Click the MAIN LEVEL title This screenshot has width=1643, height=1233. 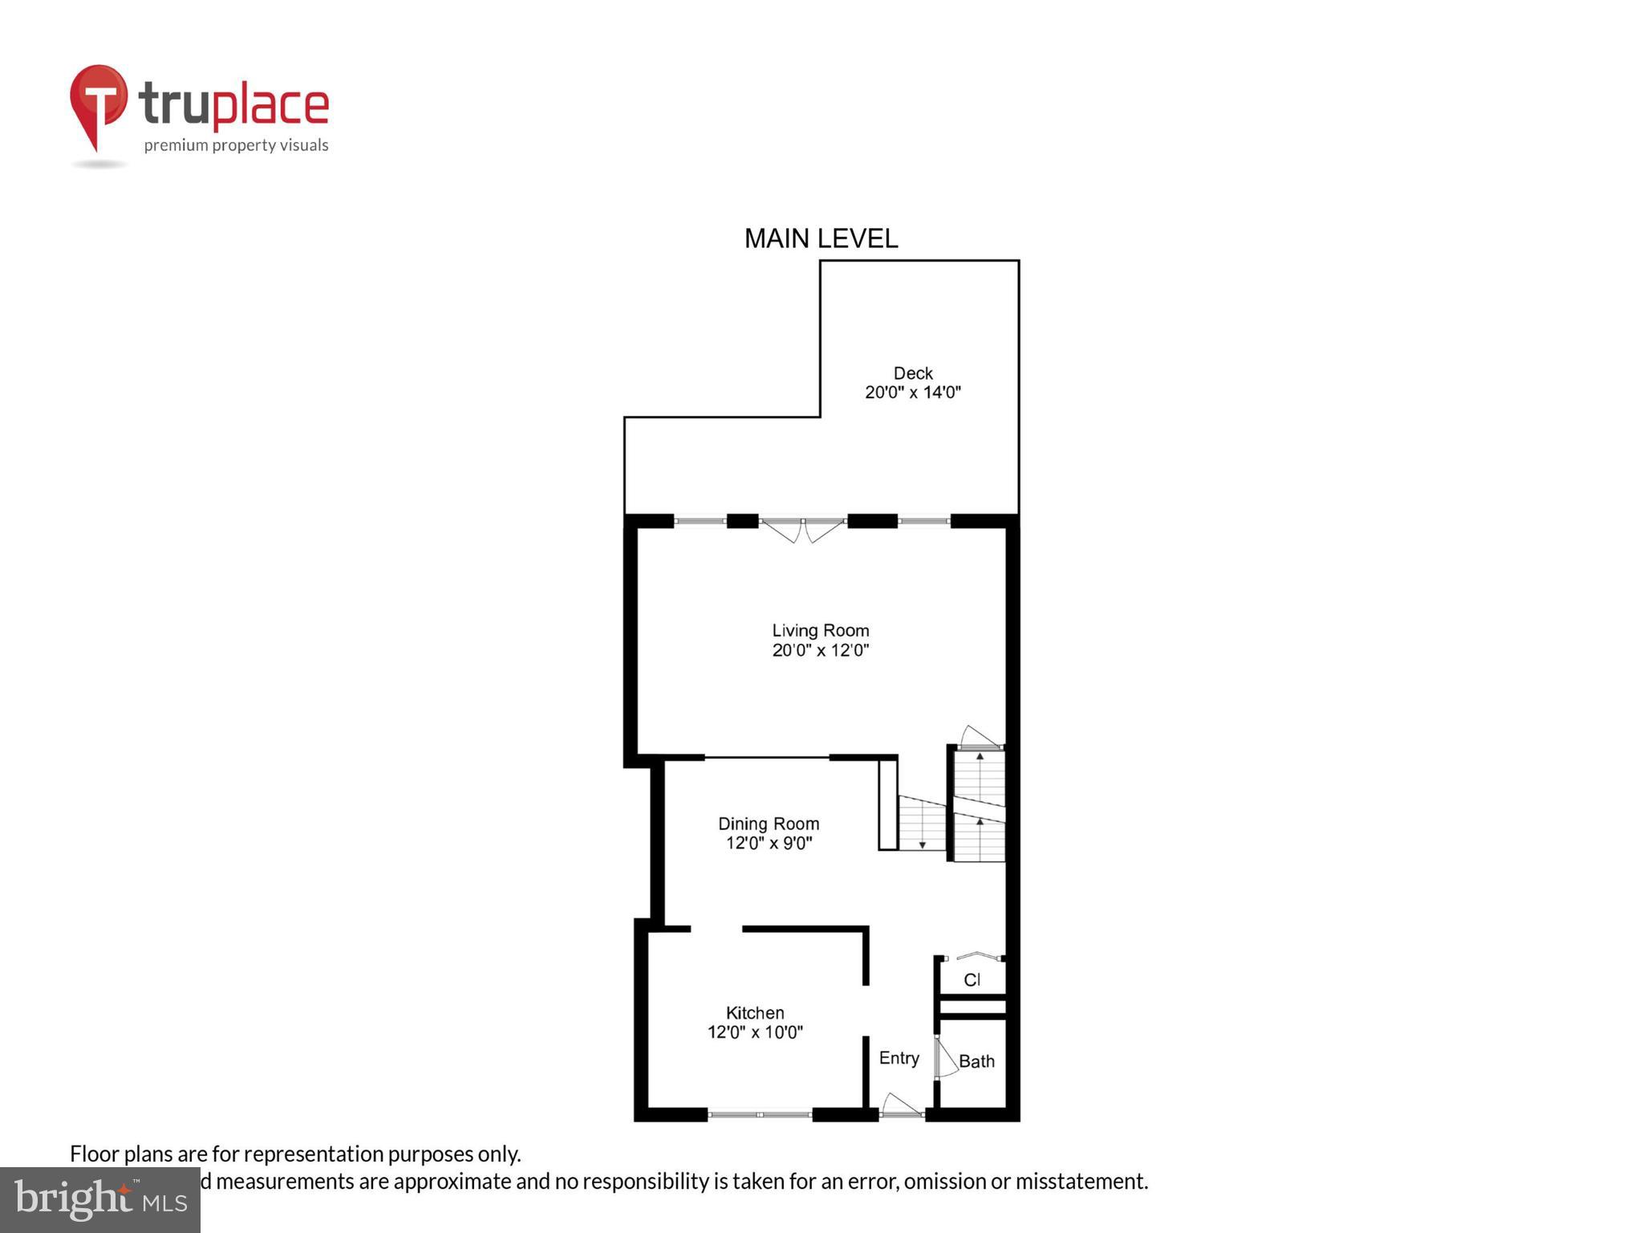tap(821, 238)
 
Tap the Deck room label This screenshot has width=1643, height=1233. tap(913, 373)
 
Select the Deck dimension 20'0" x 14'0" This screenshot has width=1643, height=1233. tap(913, 393)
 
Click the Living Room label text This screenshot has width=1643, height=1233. tap(821, 631)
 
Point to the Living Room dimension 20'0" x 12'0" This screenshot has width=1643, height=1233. tap(821, 651)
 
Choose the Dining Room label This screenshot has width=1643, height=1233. tap(769, 824)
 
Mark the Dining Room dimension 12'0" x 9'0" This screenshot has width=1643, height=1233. tap(769, 844)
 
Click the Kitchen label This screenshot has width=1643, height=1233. tap(755, 1013)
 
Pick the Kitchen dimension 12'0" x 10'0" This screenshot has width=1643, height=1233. tap(755, 1033)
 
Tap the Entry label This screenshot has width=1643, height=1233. tap(899, 1058)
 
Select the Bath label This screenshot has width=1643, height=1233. tap(976, 1061)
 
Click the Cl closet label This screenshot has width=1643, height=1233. tap(972, 980)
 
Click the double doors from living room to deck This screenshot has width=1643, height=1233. tap(803, 528)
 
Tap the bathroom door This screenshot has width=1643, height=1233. tap(944, 1059)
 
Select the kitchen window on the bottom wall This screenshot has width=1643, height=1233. tap(760, 1114)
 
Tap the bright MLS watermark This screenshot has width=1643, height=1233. tap(100, 1200)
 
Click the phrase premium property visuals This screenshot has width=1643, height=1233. tap(236, 145)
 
